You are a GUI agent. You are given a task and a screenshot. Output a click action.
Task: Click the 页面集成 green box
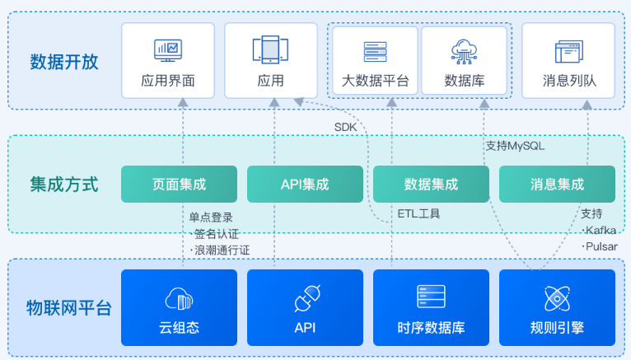click(179, 184)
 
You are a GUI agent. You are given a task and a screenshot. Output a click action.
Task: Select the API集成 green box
click(305, 184)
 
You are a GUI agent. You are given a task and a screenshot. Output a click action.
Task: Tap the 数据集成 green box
click(431, 184)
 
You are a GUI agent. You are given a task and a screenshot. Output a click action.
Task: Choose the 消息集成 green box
click(557, 184)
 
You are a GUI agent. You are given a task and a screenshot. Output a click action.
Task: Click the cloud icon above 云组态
click(179, 299)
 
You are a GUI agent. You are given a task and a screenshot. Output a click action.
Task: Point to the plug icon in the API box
click(307, 298)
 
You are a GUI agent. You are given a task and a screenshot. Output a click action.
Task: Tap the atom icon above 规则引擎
click(557, 298)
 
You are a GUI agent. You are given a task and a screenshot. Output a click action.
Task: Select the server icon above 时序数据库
click(431, 297)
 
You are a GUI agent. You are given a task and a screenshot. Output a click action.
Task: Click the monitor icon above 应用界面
click(168, 50)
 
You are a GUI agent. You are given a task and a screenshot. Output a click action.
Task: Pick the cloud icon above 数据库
click(464, 51)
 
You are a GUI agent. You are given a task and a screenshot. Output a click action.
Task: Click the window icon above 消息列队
click(569, 51)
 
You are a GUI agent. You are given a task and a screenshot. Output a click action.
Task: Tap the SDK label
click(346, 127)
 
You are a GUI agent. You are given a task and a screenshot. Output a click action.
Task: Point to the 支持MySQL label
click(515, 146)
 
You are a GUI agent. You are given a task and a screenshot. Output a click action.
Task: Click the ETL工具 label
click(418, 213)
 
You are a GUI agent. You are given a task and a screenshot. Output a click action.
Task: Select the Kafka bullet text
click(599, 230)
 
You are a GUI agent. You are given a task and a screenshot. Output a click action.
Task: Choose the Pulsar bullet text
click(600, 246)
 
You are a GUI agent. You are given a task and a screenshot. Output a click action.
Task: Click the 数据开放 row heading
click(64, 62)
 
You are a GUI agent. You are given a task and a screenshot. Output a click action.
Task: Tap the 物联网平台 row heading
click(69, 308)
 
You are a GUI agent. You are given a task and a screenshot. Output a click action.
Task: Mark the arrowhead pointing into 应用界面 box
click(183, 102)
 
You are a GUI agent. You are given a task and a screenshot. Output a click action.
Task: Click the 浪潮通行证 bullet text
click(220, 250)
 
